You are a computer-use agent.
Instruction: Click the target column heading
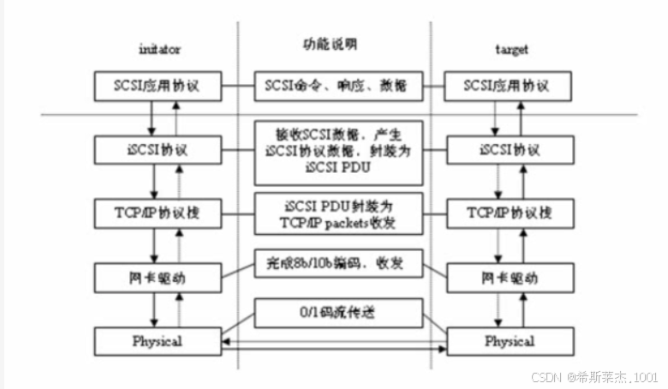click(510, 50)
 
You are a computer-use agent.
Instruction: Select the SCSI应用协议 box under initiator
click(158, 86)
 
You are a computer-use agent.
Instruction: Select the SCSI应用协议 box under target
click(506, 86)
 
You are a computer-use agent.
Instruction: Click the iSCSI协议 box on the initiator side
click(158, 149)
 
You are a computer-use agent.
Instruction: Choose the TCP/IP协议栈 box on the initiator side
click(158, 212)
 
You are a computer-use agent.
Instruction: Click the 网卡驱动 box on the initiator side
click(158, 277)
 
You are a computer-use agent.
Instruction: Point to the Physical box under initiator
click(158, 341)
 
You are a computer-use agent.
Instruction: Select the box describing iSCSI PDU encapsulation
click(340, 152)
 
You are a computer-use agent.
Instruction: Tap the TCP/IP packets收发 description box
click(340, 214)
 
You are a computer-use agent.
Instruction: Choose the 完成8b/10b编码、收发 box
click(340, 264)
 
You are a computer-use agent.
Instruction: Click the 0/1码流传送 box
click(340, 313)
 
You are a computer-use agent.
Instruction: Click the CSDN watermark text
click(593, 376)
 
